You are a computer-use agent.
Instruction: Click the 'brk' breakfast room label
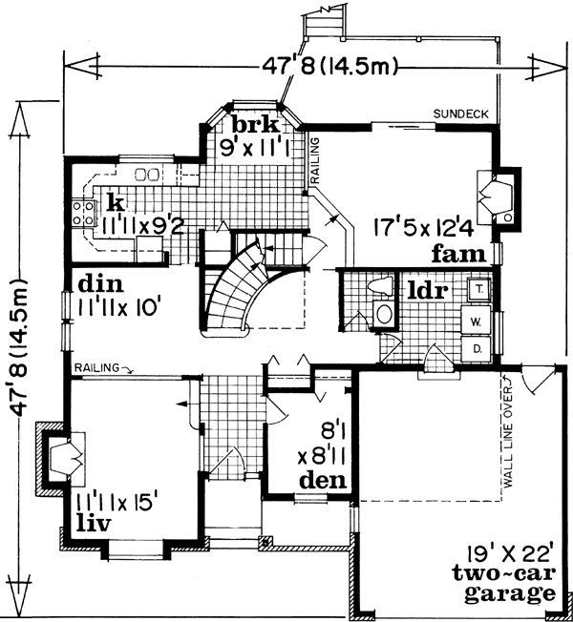254,125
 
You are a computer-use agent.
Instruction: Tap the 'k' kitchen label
116,202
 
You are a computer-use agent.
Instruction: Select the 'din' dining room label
98,283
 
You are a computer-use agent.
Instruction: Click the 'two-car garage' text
506,584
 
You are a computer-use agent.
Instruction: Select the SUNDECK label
461,114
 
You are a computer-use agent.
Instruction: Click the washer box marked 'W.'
475,321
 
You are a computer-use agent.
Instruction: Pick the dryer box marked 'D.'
475,350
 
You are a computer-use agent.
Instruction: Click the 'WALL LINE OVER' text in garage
522,438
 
